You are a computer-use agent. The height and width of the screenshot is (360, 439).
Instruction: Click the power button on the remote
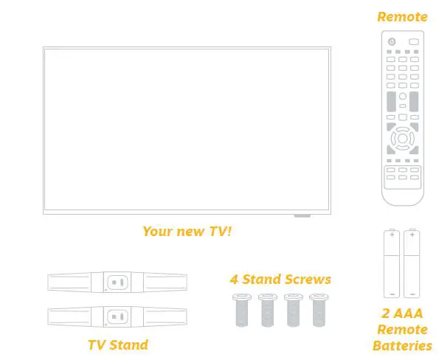(x=392, y=41)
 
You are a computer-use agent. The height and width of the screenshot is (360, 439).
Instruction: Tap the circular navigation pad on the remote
(x=402, y=138)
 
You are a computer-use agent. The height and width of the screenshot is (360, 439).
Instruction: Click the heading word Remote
(x=402, y=16)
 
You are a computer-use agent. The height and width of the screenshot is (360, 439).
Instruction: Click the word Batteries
(x=403, y=345)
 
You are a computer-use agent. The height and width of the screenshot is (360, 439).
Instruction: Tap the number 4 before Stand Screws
(x=233, y=279)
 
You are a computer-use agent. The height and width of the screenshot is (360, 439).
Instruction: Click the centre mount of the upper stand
(x=116, y=283)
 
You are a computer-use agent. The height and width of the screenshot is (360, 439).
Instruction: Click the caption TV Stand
(x=118, y=345)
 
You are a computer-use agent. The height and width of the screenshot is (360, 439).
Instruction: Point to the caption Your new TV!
(x=187, y=231)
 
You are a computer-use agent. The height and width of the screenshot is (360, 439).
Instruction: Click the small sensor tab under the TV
(x=303, y=216)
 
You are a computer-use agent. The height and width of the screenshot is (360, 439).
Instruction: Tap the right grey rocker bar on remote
(x=414, y=101)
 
